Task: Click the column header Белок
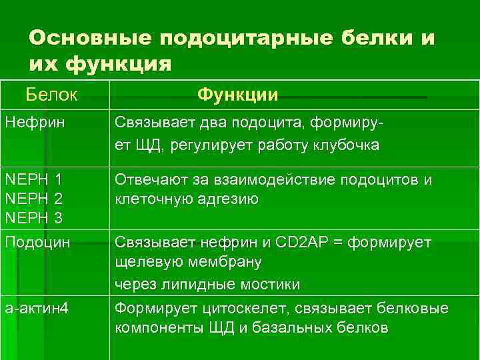point(52,95)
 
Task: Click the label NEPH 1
point(33,179)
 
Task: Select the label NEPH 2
point(33,199)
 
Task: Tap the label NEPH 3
point(33,218)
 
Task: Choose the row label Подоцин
point(37,243)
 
